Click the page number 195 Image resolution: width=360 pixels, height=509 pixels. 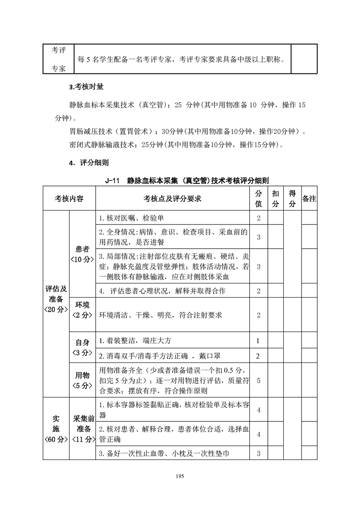click(180, 476)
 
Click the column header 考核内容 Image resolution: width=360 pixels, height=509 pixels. click(69, 199)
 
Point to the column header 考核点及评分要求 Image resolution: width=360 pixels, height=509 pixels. click(173, 199)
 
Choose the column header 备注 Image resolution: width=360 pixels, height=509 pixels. click(309, 199)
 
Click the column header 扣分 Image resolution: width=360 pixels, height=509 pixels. click(275, 199)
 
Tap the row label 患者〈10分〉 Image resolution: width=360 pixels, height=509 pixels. click(82, 254)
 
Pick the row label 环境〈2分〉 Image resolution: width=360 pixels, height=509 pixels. click(82, 310)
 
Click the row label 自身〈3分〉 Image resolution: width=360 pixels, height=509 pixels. click(82, 347)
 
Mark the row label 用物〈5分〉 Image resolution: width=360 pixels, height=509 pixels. click(82, 380)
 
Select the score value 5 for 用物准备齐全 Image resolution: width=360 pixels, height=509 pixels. click(258, 380)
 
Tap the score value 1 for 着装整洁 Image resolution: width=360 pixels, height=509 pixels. click(258, 340)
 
